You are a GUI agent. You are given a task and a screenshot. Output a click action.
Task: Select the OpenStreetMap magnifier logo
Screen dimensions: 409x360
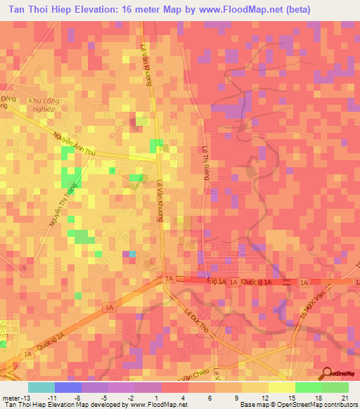point(327,373)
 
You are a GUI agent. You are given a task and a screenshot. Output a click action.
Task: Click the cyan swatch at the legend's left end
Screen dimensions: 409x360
point(41,387)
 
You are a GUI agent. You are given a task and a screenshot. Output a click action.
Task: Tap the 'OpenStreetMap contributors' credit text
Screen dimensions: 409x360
point(320,404)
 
